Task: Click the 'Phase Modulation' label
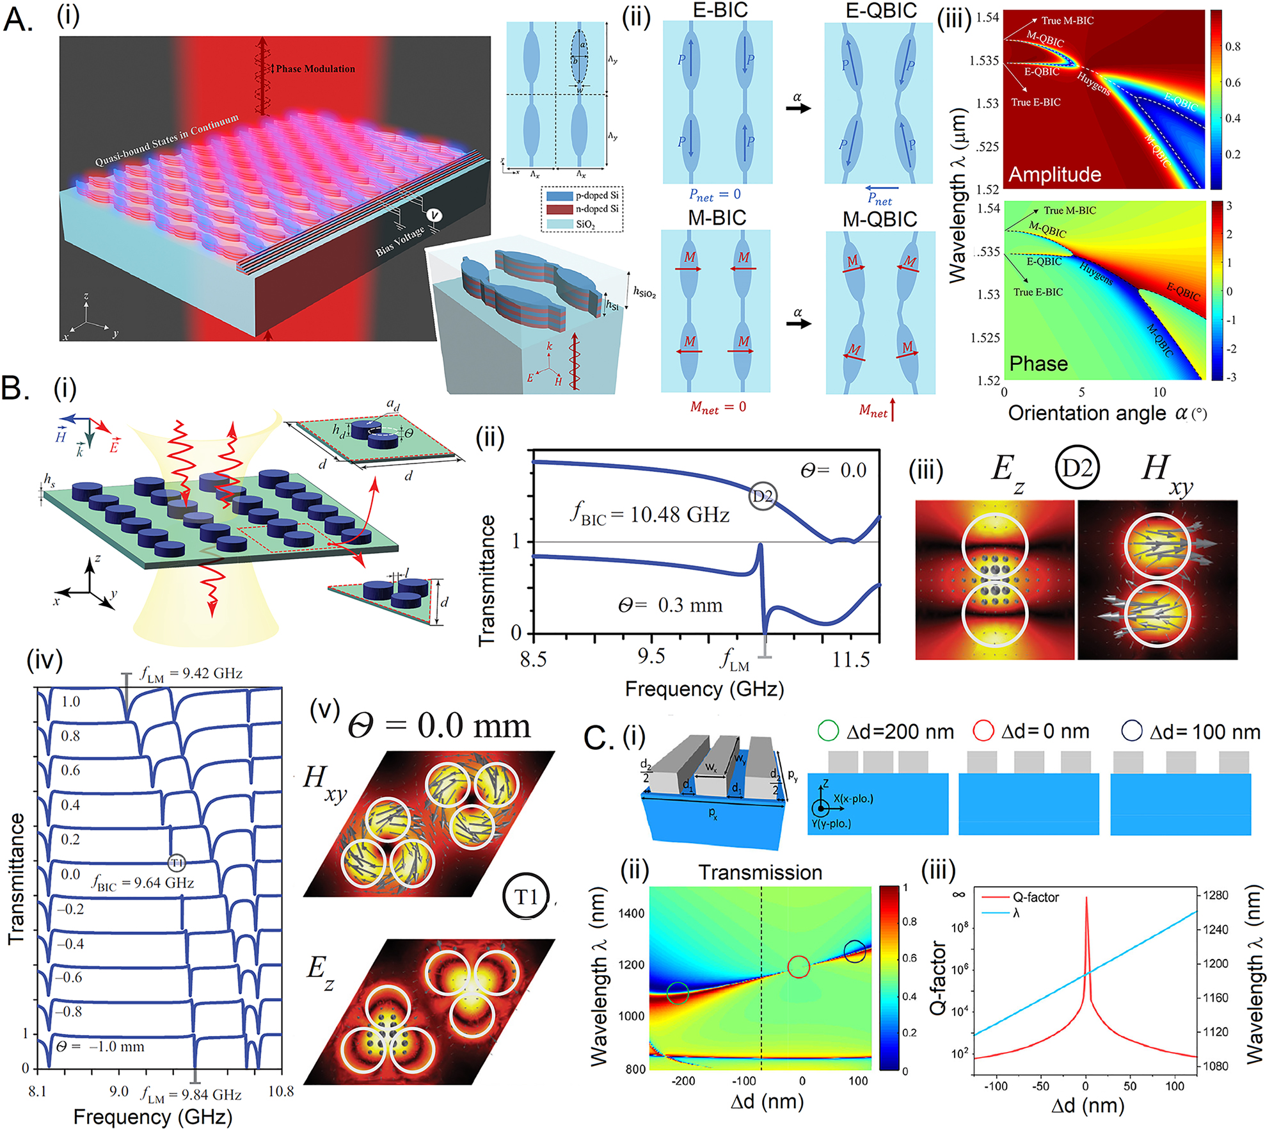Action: [x=315, y=69]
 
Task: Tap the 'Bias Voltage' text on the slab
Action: [x=400, y=241]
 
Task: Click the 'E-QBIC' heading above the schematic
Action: [x=881, y=11]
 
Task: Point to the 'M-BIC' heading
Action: [x=717, y=218]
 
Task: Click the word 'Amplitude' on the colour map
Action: [x=1054, y=174]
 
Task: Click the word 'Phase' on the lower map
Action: [x=1038, y=364]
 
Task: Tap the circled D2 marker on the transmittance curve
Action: [x=763, y=496]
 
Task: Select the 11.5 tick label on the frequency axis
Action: [x=850, y=659]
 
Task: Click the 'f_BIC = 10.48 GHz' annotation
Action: [x=649, y=515]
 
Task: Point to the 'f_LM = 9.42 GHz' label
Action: [x=191, y=674]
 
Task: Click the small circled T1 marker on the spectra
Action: [x=177, y=863]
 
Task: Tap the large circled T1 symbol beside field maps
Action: [x=527, y=897]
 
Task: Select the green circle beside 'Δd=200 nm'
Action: [x=828, y=731]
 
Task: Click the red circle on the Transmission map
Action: [x=798, y=967]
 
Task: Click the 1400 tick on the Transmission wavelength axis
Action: [x=631, y=914]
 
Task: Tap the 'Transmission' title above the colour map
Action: [x=760, y=873]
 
